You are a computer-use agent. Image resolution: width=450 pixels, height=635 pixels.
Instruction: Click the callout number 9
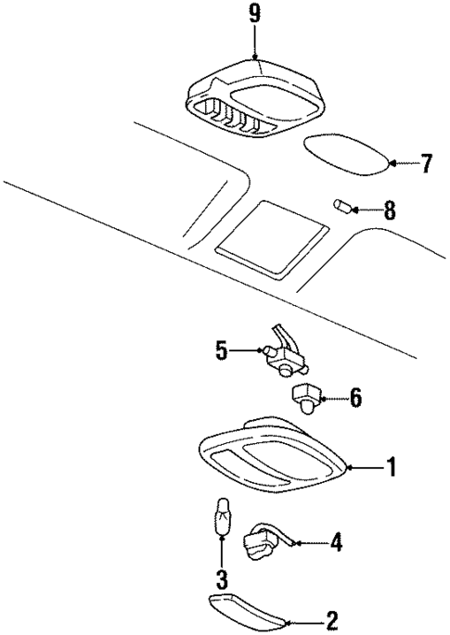(x=253, y=15)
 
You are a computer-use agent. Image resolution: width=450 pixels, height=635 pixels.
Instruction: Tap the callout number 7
(x=426, y=164)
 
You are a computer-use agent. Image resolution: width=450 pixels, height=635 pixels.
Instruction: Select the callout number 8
(x=389, y=210)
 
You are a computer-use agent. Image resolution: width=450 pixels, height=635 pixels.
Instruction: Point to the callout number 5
(x=222, y=350)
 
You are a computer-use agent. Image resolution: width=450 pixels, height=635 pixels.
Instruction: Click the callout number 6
(x=355, y=400)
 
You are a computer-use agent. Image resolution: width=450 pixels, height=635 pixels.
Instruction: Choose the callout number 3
(x=222, y=581)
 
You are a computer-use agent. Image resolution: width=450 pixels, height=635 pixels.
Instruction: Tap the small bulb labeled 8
(x=341, y=205)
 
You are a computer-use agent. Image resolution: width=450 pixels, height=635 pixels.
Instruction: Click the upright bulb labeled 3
(x=222, y=517)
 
